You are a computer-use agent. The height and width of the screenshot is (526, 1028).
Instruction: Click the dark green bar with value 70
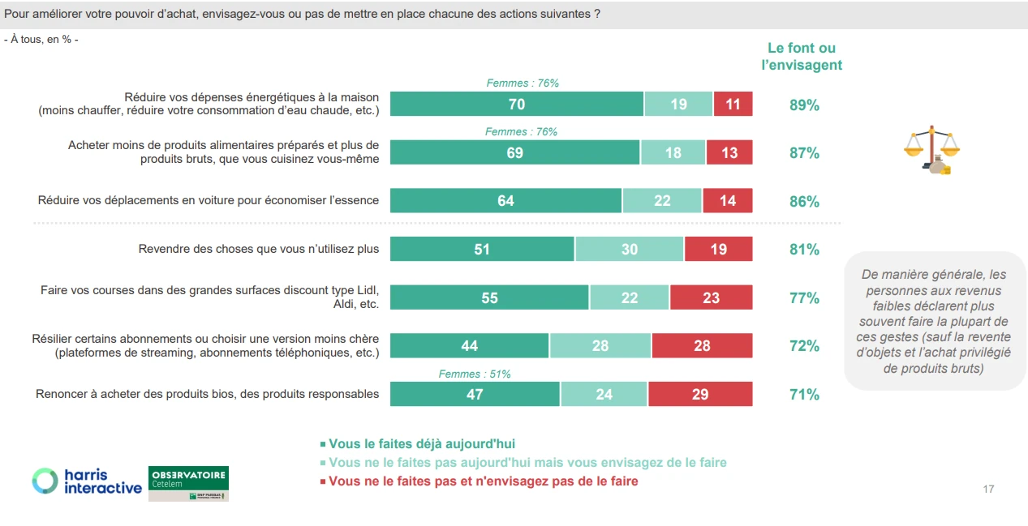(517, 105)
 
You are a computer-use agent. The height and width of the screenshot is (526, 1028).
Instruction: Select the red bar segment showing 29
(700, 395)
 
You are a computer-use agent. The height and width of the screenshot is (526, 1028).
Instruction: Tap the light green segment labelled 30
(630, 250)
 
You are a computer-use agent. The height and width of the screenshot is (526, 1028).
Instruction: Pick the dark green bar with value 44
(469, 346)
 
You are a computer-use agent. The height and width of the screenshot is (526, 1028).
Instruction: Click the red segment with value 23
(711, 298)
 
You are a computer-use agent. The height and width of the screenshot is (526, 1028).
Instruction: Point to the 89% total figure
(804, 105)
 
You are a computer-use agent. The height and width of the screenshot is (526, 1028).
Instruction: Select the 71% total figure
(804, 395)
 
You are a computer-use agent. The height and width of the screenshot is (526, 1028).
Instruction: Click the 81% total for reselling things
(804, 250)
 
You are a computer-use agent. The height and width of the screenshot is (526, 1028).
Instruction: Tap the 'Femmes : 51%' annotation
(475, 374)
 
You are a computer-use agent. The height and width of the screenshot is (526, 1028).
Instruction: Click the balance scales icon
(931, 150)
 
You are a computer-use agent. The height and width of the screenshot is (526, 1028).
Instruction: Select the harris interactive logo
(87, 481)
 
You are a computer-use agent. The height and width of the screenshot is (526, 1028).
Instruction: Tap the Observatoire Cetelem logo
(189, 484)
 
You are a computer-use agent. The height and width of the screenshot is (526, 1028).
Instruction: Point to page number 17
(987, 489)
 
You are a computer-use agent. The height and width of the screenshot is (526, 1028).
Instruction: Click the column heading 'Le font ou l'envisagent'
(802, 57)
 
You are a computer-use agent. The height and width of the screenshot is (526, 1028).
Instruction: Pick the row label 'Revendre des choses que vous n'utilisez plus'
(258, 249)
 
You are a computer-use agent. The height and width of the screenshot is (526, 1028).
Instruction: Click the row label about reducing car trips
(209, 200)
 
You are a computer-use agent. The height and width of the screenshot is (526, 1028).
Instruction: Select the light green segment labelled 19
(678, 105)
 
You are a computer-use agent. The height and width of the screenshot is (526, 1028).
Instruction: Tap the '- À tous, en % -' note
(41, 40)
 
